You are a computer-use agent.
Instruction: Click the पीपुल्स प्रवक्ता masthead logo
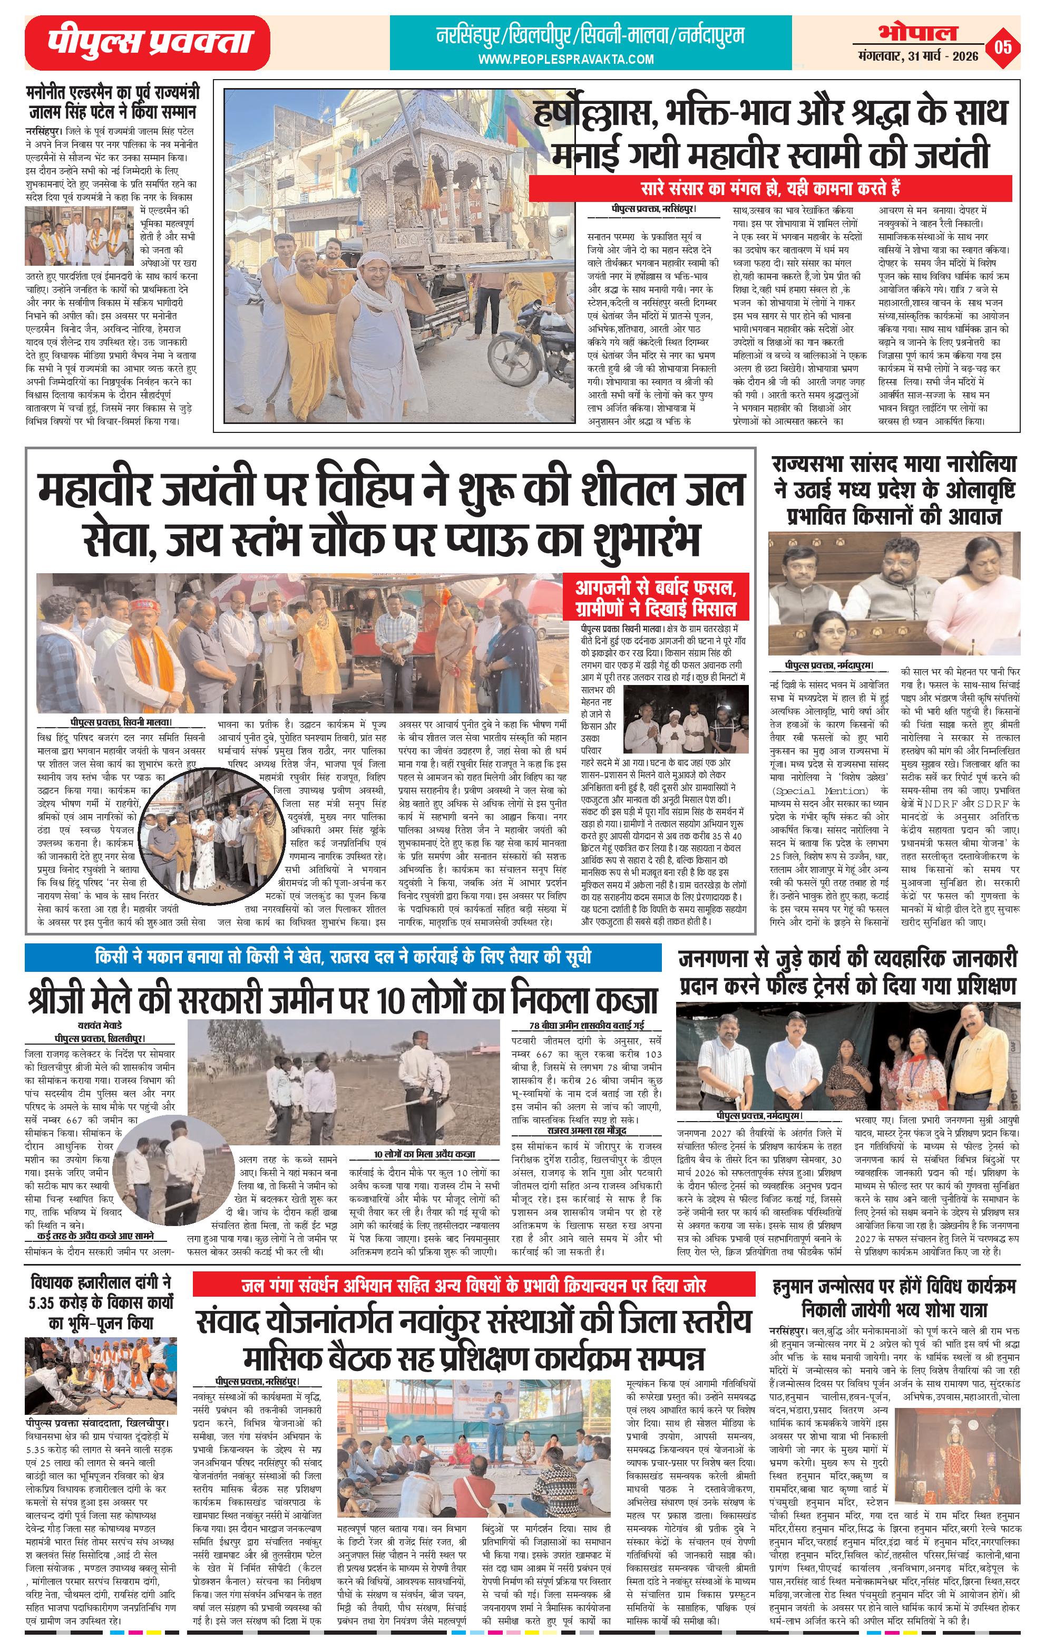pos(147,43)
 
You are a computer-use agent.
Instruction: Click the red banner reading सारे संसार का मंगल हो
pos(770,188)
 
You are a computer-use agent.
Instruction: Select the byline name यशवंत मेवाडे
pos(101,1026)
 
